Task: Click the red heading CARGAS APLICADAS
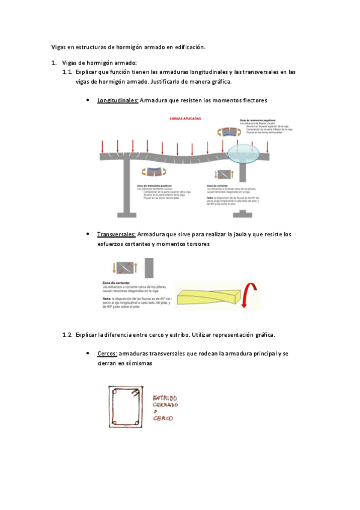pos(185,120)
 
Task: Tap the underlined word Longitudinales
pos(118,100)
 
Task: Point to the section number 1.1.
pos(67,72)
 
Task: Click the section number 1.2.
pos(67,334)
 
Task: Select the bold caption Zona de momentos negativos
pos(255,120)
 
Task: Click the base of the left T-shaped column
pos(130,212)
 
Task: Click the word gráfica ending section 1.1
pos(219,82)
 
